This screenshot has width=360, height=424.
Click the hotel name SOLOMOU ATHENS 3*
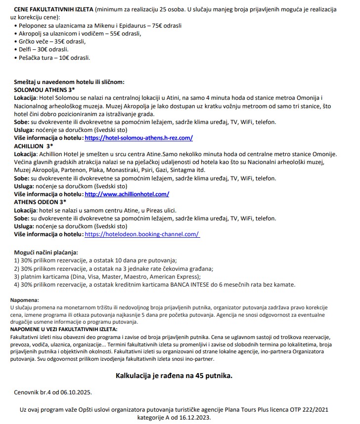pos(44,90)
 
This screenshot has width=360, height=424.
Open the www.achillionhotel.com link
pos(127,194)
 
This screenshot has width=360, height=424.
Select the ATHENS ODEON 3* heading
pos(40,202)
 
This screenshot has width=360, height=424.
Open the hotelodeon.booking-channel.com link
pos(142,234)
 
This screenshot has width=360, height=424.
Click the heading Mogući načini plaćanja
pos(47,252)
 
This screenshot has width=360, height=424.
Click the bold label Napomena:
pos(24,300)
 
